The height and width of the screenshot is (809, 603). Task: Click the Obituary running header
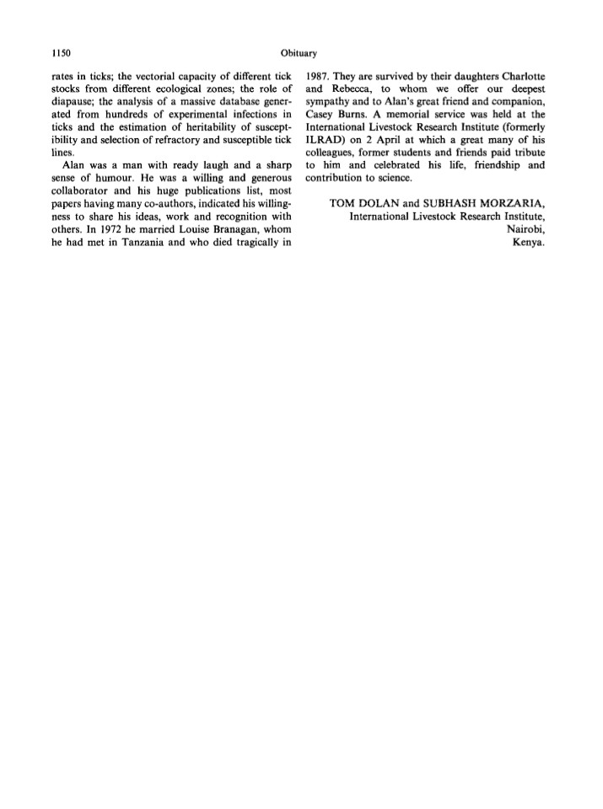click(300, 53)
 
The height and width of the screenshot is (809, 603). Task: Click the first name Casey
click(322, 115)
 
